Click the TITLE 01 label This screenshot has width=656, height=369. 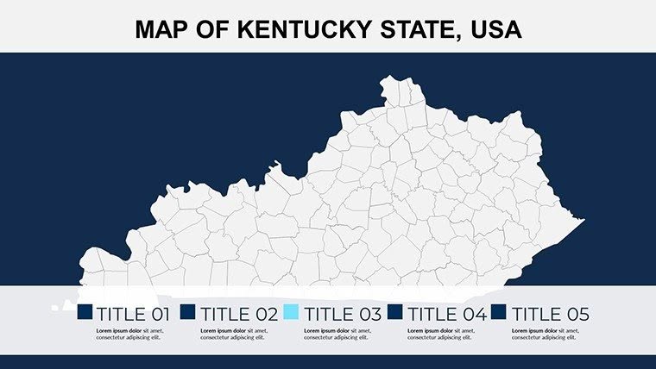pyautogui.click(x=135, y=314)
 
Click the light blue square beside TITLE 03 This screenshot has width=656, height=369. pyautogui.click(x=292, y=312)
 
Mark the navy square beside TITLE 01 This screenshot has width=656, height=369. pyautogui.click(x=85, y=312)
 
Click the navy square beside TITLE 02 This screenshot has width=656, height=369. pyautogui.click(x=188, y=312)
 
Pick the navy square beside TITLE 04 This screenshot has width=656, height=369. pyautogui.click(x=395, y=312)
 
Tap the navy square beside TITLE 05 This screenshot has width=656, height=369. pyautogui.click(x=499, y=312)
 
